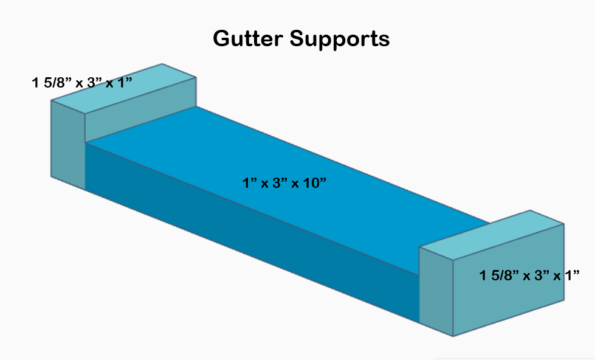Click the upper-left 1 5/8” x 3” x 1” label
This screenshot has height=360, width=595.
point(83,82)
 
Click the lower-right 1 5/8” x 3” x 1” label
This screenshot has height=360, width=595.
point(529,275)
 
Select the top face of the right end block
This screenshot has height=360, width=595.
point(492,235)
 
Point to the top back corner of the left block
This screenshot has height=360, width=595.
point(162,64)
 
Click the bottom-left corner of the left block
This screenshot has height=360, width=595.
point(51,177)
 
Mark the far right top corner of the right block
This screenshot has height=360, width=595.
point(564,224)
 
